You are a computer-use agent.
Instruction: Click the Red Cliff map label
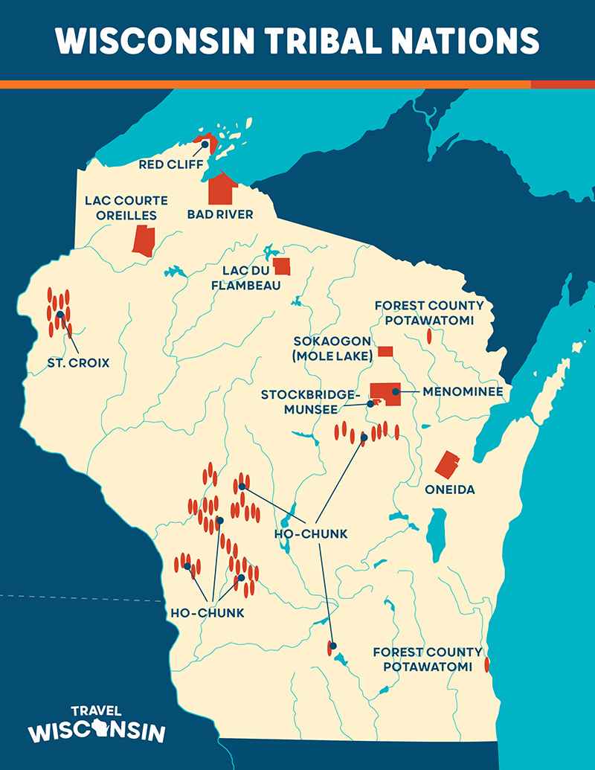click(x=170, y=164)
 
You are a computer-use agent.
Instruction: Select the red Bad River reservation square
click(x=221, y=189)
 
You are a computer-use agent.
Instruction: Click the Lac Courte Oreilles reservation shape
click(x=143, y=242)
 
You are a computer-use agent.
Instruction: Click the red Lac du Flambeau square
click(x=282, y=266)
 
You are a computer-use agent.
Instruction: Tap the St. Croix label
click(x=77, y=363)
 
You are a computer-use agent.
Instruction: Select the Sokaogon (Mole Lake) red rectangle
click(x=385, y=351)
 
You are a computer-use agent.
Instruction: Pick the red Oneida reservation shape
click(x=447, y=465)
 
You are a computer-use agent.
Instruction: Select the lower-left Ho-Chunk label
click(x=208, y=613)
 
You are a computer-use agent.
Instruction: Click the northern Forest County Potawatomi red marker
click(x=429, y=336)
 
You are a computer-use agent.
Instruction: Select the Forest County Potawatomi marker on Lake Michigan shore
click(x=486, y=664)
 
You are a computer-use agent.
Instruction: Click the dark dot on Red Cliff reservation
click(x=204, y=144)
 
